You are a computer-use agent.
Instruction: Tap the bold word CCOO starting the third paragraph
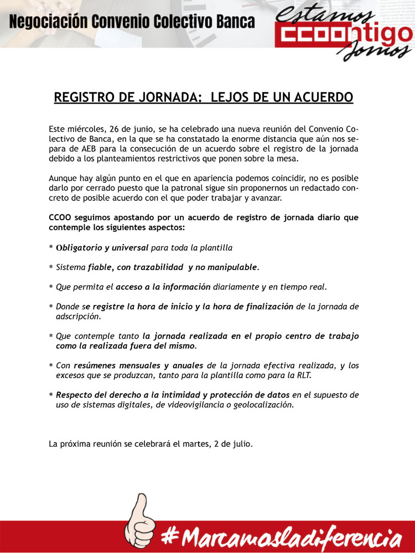click(x=61, y=218)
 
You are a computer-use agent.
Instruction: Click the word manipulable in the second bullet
click(x=230, y=267)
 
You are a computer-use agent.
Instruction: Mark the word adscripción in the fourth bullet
click(x=78, y=317)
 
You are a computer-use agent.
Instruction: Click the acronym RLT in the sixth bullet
click(x=302, y=375)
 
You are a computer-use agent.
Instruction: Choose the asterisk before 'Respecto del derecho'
click(x=51, y=395)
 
